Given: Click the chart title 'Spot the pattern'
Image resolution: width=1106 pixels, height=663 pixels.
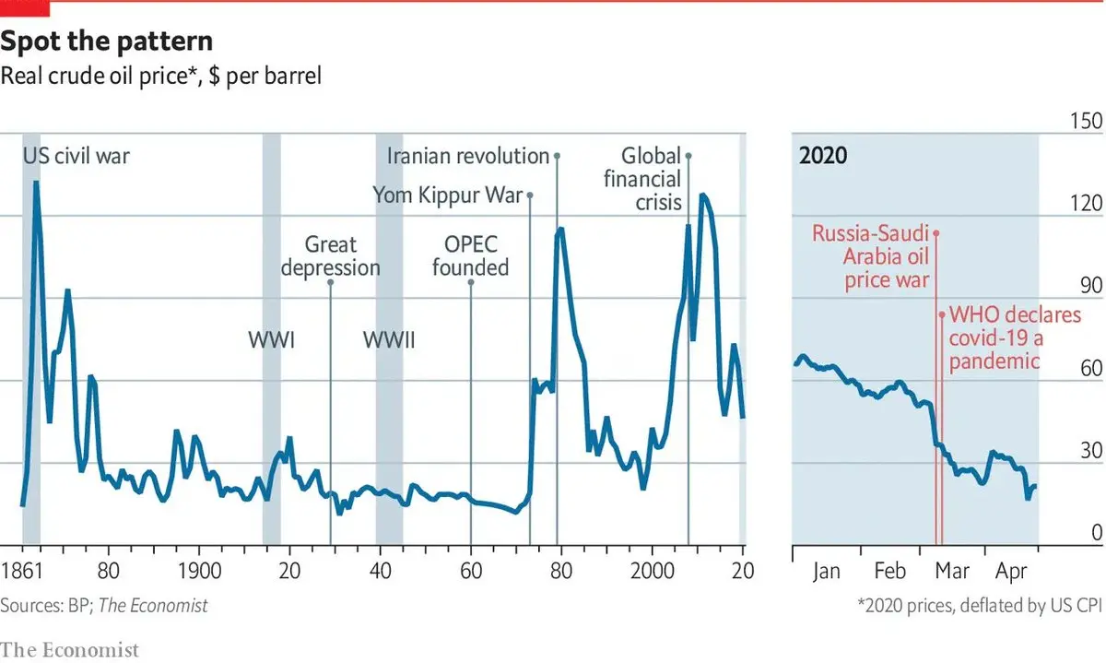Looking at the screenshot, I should pyautogui.click(x=107, y=41).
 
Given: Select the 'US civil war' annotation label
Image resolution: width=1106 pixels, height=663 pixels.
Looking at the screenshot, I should pyautogui.click(x=76, y=156).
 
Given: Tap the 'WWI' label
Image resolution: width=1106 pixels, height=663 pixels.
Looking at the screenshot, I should pyautogui.click(x=271, y=340).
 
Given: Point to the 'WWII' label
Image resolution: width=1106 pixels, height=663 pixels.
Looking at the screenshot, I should pyautogui.click(x=389, y=340).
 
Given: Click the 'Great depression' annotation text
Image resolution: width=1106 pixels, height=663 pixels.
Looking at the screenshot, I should pyautogui.click(x=330, y=256).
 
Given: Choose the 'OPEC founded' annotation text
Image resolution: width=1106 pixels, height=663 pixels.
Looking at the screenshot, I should pyautogui.click(x=470, y=256).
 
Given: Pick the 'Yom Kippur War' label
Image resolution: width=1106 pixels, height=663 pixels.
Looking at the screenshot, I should pyautogui.click(x=447, y=195).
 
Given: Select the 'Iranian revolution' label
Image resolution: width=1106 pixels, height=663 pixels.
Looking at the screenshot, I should pyautogui.click(x=468, y=156).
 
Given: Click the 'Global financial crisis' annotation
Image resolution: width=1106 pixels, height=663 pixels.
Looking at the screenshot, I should pyautogui.click(x=643, y=179).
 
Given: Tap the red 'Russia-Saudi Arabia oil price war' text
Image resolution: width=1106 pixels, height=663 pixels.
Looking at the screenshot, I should pyautogui.click(x=870, y=256).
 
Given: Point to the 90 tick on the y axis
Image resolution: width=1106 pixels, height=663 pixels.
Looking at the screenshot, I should pyautogui.click(x=1091, y=287).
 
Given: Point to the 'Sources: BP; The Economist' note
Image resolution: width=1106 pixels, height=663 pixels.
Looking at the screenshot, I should pyautogui.click(x=104, y=606).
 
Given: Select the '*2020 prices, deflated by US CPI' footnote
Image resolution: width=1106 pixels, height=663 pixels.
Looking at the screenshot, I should pyautogui.click(x=980, y=606).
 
